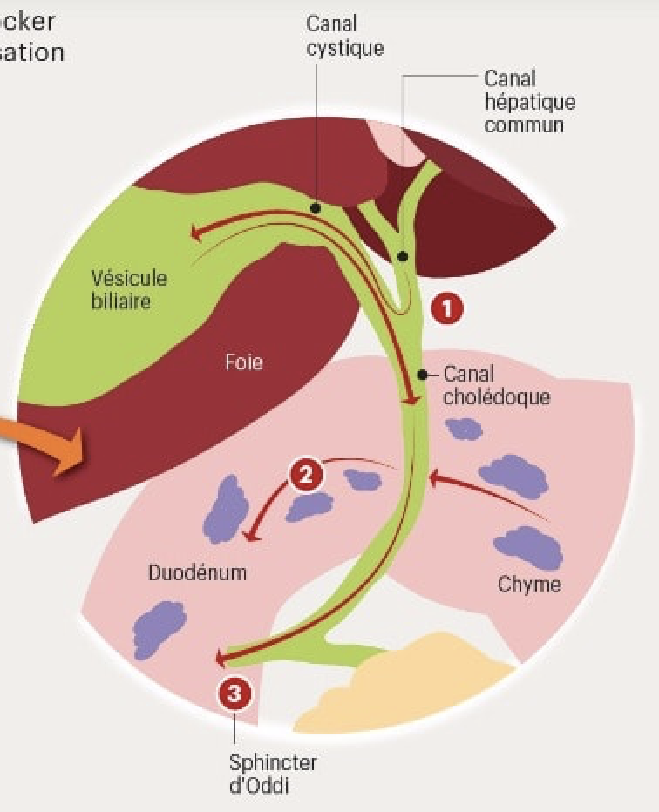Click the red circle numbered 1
447,308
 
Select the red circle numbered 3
234,694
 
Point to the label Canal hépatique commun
530,101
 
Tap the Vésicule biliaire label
129,290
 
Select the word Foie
243,362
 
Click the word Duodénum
197,573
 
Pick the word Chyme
529,584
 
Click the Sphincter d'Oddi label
273,774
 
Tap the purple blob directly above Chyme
528,546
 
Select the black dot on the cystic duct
315,209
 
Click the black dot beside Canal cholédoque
423,376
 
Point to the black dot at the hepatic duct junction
403,256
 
